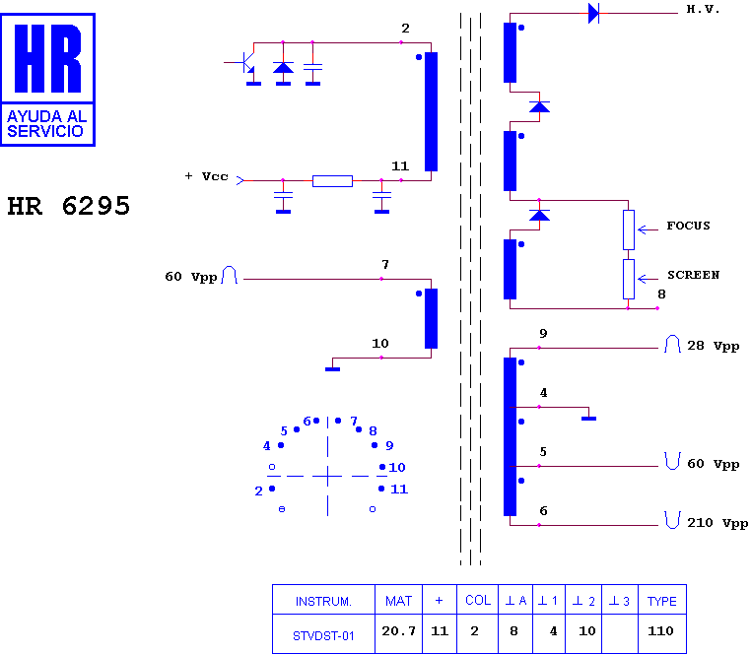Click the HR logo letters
pyautogui.click(x=48, y=58)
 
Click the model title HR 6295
pyautogui.click(x=68, y=206)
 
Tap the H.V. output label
pyautogui.click(x=703, y=9)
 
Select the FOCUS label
pyautogui.click(x=688, y=226)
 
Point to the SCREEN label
pyautogui.click(x=694, y=275)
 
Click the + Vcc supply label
pyautogui.click(x=206, y=176)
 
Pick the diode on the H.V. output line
pyautogui.click(x=594, y=13)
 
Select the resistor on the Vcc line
pyautogui.click(x=332, y=181)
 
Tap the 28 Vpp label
pyautogui.click(x=714, y=346)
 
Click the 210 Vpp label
pyautogui.click(x=717, y=523)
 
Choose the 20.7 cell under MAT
pyautogui.click(x=398, y=631)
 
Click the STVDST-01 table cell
pyautogui.click(x=323, y=636)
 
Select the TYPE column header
pyautogui.click(x=662, y=602)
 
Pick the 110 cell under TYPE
pyautogui.click(x=660, y=631)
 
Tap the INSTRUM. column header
pyautogui.click(x=323, y=602)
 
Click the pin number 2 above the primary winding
pyautogui.click(x=406, y=29)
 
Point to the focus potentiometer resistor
pyautogui.click(x=629, y=229)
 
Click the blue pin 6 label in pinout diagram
pyautogui.click(x=307, y=422)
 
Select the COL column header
pyautogui.click(x=478, y=601)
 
